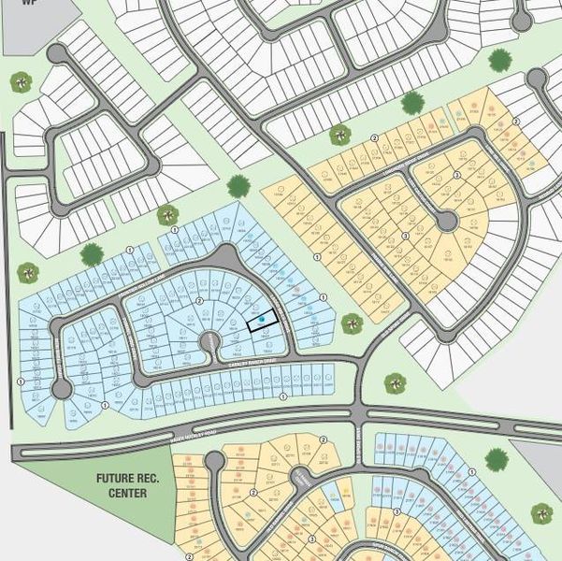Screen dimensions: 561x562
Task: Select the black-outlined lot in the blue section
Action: [263, 320]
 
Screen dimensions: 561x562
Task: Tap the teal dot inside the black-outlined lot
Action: [262, 321]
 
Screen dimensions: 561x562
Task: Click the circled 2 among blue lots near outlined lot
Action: [200, 301]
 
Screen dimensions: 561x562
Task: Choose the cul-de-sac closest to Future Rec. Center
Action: [214, 460]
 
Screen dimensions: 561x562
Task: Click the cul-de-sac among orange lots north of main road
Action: [447, 221]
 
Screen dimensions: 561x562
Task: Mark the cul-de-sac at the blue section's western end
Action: [62, 388]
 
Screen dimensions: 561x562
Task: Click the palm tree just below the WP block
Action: [21, 81]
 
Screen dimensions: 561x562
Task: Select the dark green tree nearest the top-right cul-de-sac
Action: [500, 60]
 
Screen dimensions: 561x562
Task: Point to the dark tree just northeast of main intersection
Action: [396, 383]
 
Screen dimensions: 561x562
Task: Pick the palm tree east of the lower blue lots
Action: [541, 512]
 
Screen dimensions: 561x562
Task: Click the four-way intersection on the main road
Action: [359, 412]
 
